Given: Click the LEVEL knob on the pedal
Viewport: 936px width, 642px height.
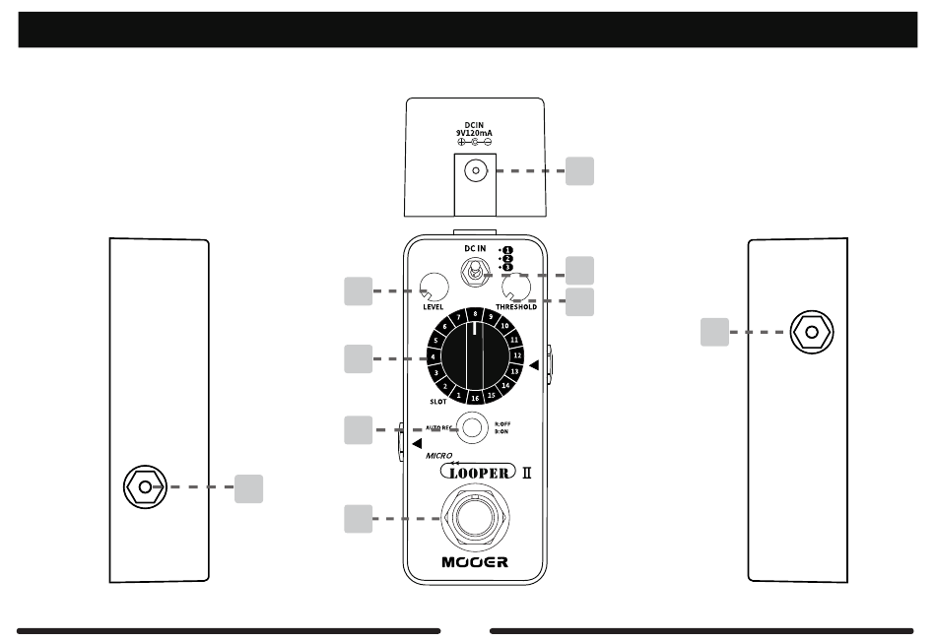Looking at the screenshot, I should (x=434, y=287).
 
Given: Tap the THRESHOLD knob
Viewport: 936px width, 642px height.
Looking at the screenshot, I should (x=516, y=287).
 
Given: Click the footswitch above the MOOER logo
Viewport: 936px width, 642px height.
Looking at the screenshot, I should (x=475, y=518).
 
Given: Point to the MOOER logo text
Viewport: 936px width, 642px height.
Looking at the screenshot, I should (x=475, y=563).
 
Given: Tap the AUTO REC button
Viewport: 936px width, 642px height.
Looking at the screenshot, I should (x=475, y=427).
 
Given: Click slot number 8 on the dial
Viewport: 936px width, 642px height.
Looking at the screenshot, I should (x=475, y=314).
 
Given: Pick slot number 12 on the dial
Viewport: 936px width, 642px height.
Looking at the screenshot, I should (x=517, y=353).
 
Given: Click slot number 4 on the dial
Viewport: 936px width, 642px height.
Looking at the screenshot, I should (x=434, y=355).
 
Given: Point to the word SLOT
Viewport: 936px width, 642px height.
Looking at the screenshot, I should (x=438, y=402).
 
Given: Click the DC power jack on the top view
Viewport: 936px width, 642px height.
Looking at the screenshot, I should (x=475, y=172).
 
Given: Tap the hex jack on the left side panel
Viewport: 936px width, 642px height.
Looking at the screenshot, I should (x=145, y=486).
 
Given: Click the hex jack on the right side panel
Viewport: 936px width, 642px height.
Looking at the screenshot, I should (x=810, y=333).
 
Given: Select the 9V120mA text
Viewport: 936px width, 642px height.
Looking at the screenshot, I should (x=475, y=133).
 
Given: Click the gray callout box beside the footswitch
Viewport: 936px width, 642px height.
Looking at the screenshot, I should (x=359, y=519).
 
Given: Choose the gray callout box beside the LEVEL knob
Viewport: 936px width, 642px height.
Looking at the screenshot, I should (x=359, y=291).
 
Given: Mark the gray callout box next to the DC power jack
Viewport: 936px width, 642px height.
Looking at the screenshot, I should (x=580, y=171).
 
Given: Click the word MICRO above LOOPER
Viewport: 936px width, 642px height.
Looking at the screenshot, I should (x=439, y=457).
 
